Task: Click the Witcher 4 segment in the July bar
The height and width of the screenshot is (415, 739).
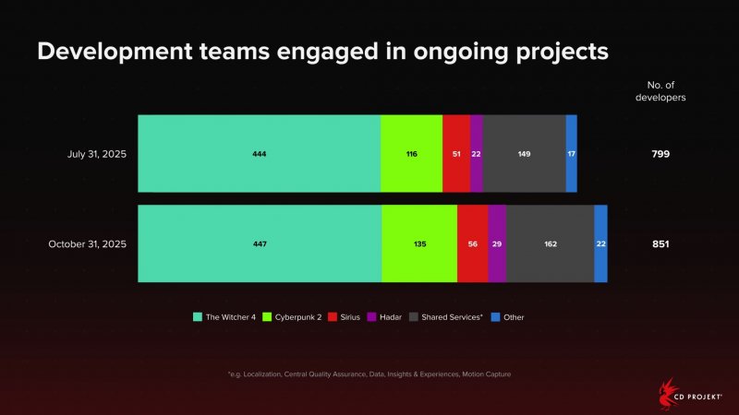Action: (x=259, y=154)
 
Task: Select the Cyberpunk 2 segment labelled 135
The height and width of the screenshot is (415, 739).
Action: (x=419, y=244)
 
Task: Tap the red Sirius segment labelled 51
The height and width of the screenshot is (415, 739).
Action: (x=456, y=154)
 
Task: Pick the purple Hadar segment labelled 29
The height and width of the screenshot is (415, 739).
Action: (x=497, y=244)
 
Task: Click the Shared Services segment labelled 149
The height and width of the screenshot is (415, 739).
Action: (x=524, y=154)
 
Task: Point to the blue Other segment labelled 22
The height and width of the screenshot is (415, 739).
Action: (x=600, y=244)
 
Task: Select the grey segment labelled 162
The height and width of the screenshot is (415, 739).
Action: (x=550, y=244)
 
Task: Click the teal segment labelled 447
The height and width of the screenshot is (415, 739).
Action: (x=260, y=244)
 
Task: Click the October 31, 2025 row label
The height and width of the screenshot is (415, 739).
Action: (x=87, y=244)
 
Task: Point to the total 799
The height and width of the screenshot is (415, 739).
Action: (x=660, y=154)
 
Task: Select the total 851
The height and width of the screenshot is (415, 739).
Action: (x=660, y=244)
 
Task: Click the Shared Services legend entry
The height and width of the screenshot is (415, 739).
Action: (x=450, y=316)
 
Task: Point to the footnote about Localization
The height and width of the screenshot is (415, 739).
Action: (x=369, y=373)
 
